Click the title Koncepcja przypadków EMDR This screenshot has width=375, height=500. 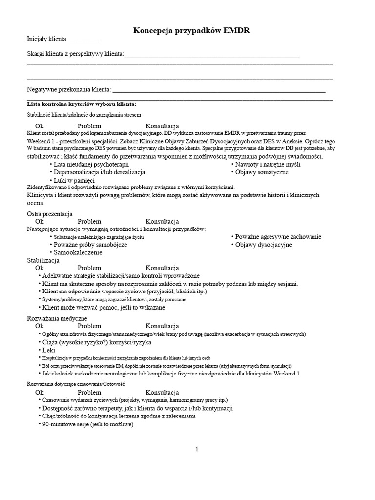[x=187, y=31]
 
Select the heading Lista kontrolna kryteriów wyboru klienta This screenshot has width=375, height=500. [x=82, y=104]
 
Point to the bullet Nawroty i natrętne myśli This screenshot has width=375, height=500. [x=268, y=165]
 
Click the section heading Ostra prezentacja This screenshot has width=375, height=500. [x=49, y=214]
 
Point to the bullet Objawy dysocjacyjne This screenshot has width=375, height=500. [x=263, y=245]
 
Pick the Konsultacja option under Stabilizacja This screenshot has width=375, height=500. [x=162, y=268]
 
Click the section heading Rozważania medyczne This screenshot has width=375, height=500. [x=57, y=318]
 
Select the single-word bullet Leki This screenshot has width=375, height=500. [x=49, y=350]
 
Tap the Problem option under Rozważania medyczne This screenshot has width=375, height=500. [x=89, y=326]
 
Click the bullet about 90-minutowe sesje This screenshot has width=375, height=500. [x=87, y=424]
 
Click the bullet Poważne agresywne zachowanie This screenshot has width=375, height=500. [x=278, y=237]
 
